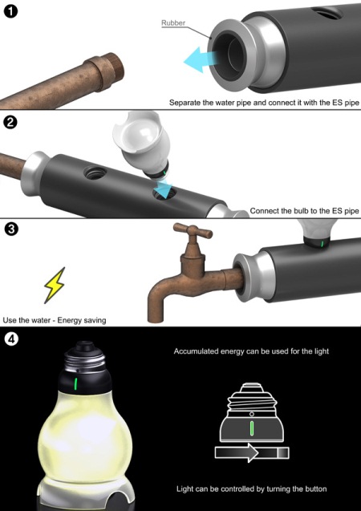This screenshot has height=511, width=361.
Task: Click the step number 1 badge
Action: pyautogui.click(x=10, y=12)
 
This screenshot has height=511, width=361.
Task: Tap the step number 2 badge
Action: pyautogui.click(x=10, y=123)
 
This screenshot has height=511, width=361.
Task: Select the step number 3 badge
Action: pyautogui.click(x=10, y=229)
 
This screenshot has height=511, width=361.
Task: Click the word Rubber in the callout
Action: pyautogui.click(x=173, y=22)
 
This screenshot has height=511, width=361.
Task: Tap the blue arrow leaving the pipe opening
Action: pyautogui.click(x=200, y=59)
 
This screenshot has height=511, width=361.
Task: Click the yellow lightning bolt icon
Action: pyautogui.click(x=55, y=285)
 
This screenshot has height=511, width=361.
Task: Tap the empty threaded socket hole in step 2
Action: pyautogui.click(x=95, y=172)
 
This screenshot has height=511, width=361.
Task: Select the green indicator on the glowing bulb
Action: pyautogui.click(x=75, y=383)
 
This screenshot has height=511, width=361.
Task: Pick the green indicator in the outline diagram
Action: pyautogui.click(x=252, y=428)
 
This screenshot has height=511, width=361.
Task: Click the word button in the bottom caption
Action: pyautogui.click(x=314, y=489)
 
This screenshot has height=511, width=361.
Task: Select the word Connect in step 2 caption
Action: pyautogui.click(x=262, y=211)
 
